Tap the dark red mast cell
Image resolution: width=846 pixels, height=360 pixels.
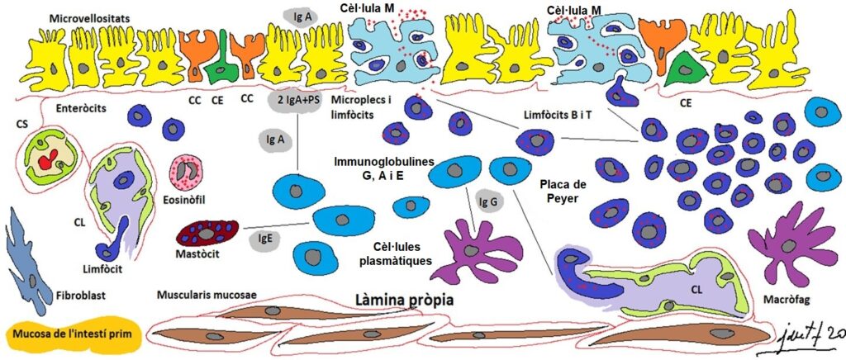[x=207, y=234]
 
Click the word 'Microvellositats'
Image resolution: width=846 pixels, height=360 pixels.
[x=89, y=18]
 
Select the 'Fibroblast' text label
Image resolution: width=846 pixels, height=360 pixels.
[x=80, y=296]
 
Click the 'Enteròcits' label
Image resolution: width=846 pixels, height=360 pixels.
[x=82, y=108]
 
